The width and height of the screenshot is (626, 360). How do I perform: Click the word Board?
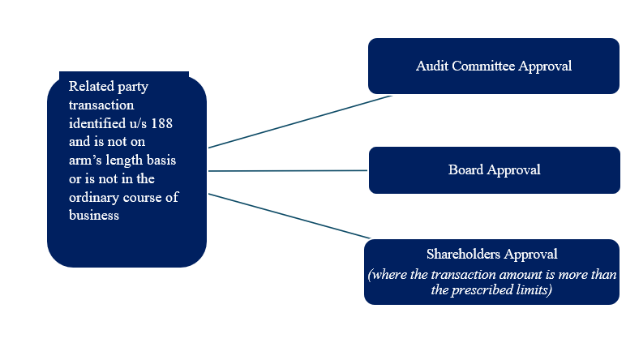pos(465,169)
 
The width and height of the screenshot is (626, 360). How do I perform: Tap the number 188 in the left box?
pos(161,122)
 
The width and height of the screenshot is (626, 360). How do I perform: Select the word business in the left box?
pos(94,216)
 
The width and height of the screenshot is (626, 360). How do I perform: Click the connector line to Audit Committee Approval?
pos(300,122)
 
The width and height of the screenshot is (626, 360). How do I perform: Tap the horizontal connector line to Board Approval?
pos(288,171)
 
